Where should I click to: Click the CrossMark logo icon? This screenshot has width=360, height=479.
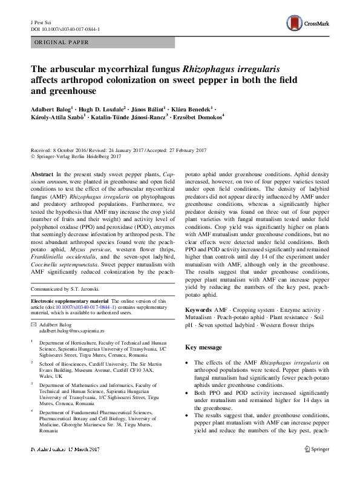(294, 24)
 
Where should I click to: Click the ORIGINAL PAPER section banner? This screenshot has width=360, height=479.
(63, 43)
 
